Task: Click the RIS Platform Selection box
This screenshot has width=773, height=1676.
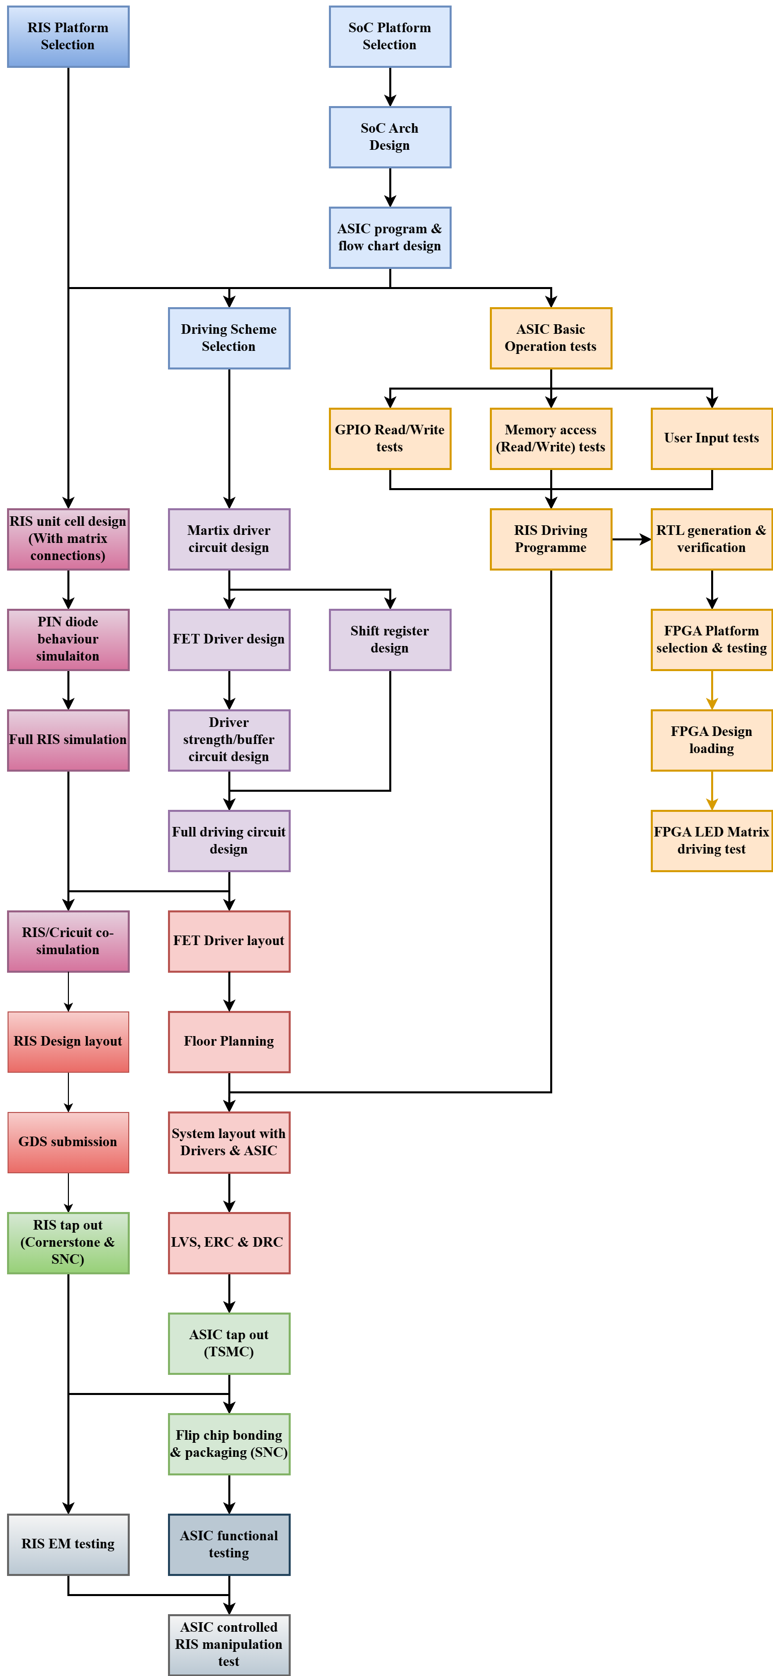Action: click(68, 36)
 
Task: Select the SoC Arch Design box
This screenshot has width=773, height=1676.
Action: click(390, 137)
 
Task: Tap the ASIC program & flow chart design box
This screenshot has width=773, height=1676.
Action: click(390, 237)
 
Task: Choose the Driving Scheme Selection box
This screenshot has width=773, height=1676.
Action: click(229, 338)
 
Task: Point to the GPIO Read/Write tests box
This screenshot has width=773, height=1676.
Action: click(390, 438)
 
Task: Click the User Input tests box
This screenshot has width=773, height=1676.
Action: click(711, 438)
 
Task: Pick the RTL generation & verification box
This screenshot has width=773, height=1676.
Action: click(711, 539)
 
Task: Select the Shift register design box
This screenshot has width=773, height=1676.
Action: click(390, 639)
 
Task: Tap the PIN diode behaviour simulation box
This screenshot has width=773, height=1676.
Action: click(68, 639)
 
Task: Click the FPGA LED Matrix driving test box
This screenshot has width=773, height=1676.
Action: click(711, 841)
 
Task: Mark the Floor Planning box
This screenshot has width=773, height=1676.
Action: click(229, 1042)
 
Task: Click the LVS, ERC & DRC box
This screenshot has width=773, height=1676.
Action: click(229, 1243)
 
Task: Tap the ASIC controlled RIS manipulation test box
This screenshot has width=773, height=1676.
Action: click(229, 1644)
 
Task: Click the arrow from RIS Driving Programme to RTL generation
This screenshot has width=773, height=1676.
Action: click(631, 539)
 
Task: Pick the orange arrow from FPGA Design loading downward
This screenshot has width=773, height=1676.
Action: click(712, 791)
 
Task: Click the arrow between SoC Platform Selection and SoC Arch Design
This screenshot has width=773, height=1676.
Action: click(390, 86)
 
